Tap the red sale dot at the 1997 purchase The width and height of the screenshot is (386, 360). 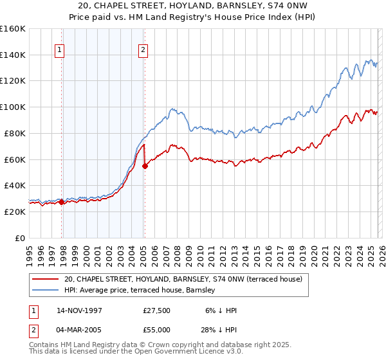coord(62,202)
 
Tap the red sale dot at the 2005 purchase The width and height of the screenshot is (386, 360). coord(145,166)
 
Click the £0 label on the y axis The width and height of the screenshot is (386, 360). coord(19,238)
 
